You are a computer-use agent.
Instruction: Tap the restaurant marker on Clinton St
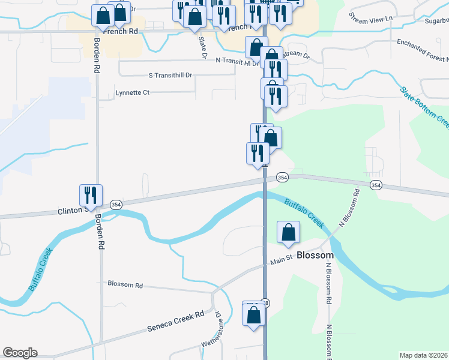coord(91,195)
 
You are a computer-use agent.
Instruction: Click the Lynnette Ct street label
coord(132,93)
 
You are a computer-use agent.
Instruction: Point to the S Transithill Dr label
coord(170,76)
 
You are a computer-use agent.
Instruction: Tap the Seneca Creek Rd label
coord(175,323)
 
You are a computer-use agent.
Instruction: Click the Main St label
coord(280,260)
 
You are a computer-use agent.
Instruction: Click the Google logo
coord(20,353)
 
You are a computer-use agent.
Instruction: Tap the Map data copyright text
coord(424,355)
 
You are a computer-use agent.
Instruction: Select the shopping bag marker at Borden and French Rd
coord(103,16)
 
